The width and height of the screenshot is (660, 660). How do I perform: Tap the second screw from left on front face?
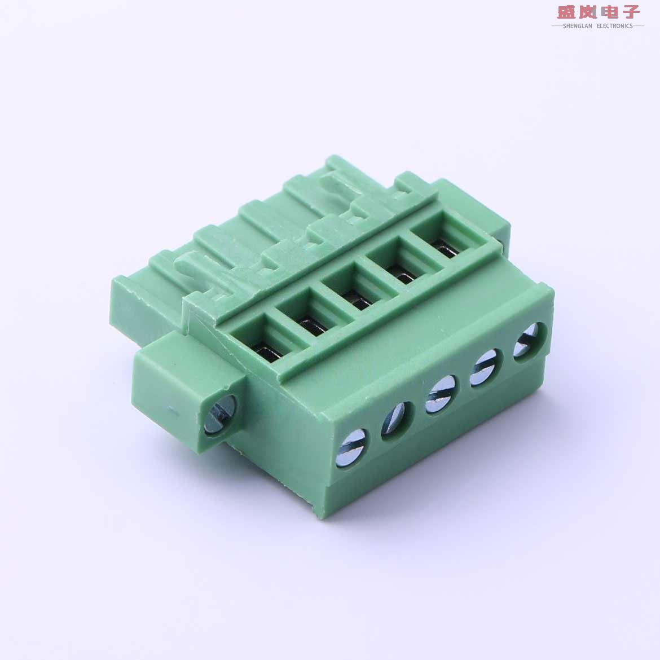(x=396, y=421)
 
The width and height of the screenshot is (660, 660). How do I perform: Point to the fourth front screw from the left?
(x=484, y=368)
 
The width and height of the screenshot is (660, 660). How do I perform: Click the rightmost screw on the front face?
(x=529, y=341)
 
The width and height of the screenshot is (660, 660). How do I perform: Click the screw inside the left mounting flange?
(x=217, y=415)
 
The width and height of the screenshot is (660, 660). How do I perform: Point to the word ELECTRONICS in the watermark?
(x=614, y=26)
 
